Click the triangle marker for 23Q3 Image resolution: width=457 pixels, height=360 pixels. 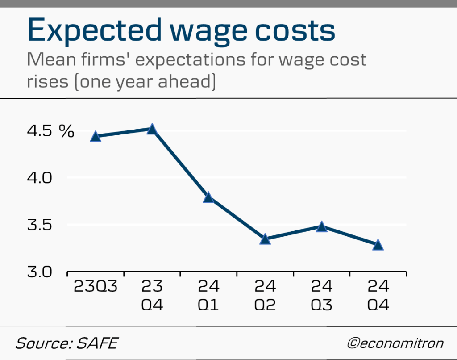(96, 137)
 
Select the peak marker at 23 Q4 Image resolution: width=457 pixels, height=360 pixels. (152, 130)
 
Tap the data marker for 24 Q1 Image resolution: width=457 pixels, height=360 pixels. (208, 197)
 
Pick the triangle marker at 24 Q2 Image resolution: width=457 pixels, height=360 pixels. (265, 240)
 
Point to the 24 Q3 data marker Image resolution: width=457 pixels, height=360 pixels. (321, 227)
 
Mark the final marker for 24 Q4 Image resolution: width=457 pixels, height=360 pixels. (378, 245)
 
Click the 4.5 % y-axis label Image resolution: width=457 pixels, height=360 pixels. (50, 131)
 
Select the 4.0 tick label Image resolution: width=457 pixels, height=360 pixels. (41, 178)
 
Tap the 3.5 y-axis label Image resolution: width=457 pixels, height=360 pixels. (41, 224)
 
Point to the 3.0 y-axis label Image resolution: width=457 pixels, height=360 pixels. (41, 272)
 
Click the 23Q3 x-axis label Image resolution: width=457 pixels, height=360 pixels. (96, 286)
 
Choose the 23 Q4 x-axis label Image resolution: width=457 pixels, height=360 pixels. (152, 296)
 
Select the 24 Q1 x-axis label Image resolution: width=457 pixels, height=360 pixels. (208, 296)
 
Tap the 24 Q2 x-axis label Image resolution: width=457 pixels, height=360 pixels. (265, 296)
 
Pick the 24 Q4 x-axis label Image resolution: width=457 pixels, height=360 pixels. (378, 296)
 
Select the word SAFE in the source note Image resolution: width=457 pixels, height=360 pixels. (99, 343)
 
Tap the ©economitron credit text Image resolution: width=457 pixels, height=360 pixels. (395, 343)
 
